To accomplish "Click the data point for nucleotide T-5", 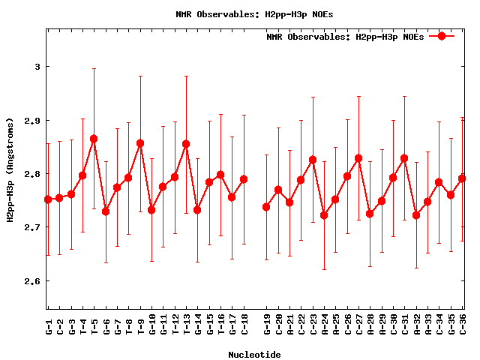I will click(x=94, y=139).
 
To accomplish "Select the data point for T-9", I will click(x=140, y=143).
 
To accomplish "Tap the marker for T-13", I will click(x=186, y=144).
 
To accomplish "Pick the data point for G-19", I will click(x=266, y=207).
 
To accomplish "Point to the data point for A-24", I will click(x=324, y=215).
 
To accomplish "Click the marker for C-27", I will click(x=358, y=158).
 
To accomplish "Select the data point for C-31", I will click(x=404, y=158).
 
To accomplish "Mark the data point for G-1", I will click(x=48, y=199).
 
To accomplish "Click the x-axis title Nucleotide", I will click(x=255, y=355).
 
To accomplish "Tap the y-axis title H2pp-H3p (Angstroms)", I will click(x=10, y=169).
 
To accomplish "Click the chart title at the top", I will click(x=255, y=14).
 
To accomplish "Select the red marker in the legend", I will click(x=442, y=36).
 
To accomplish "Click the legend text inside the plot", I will click(x=345, y=37).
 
